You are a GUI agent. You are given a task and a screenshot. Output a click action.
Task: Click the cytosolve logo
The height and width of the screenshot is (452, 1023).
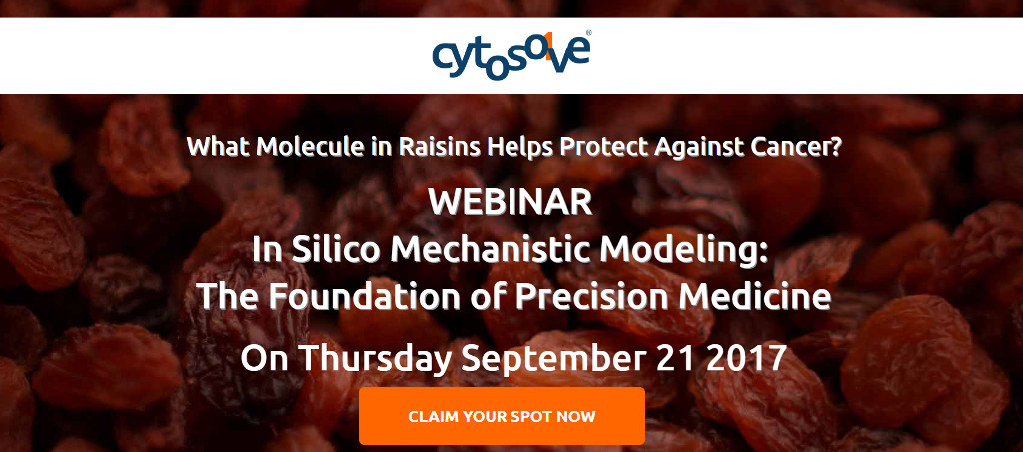pyautogui.click(x=512, y=56)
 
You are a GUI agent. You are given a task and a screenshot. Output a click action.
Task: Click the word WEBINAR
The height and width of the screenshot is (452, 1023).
pyautogui.click(x=511, y=203)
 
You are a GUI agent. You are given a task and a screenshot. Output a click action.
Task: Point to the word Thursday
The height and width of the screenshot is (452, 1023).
pyautogui.click(x=377, y=359)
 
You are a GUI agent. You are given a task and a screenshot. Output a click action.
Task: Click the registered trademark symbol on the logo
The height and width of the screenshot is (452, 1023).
pyautogui.click(x=589, y=32)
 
